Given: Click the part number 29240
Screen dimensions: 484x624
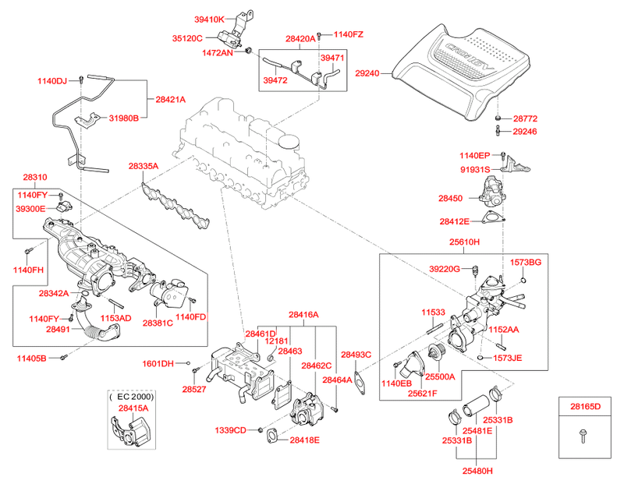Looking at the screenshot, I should point(367,73).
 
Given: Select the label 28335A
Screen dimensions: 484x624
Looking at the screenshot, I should point(144,166).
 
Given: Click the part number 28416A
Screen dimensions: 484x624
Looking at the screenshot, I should point(303,315).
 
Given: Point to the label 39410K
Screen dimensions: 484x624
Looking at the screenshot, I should point(209,19).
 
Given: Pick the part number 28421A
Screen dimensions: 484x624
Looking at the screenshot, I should point(170,100).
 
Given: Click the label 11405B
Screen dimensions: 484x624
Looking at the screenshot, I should point(32,359).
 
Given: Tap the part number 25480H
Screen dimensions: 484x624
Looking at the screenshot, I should point(477,470).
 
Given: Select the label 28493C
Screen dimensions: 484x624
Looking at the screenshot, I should point(356,355).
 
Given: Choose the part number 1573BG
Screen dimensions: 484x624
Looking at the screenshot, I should point(525,263).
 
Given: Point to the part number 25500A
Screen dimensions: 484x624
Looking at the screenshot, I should point(440,376).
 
